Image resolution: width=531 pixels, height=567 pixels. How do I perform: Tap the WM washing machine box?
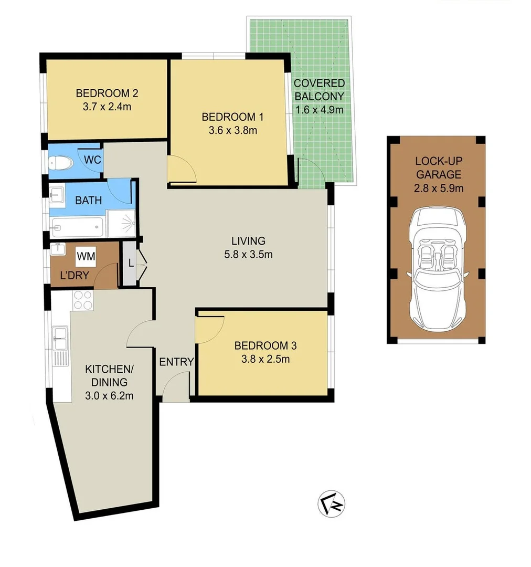pyautogui.click(x=86, y=257)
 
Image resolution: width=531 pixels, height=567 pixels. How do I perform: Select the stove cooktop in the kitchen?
pyautogui.click(x=82, y=300)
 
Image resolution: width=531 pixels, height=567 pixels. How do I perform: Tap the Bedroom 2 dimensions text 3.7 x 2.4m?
pyautogui.click(x=107, y=107)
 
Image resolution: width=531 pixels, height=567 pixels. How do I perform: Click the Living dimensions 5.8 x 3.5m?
pyautogui.click(x=249, y=255)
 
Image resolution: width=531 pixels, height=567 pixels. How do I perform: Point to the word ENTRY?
pyautogui.click(x=176, y=362)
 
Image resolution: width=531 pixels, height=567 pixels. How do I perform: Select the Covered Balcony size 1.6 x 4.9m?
pyautogui.click(x=319, y=110)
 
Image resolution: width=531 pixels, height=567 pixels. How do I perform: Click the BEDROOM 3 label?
pyautogui.click(x=265, y=345)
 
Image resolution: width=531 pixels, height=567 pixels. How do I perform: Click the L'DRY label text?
pyautogui.click(x=74, y=275)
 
